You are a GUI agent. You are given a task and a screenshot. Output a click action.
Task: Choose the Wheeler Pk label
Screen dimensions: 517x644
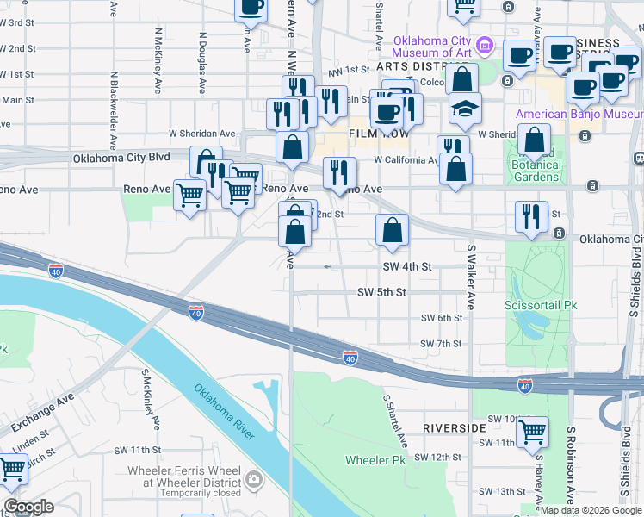point(375,460)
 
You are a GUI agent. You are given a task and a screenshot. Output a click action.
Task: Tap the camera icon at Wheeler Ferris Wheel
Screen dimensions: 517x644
point(253,478)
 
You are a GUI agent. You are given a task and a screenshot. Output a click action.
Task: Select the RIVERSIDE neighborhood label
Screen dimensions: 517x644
point(455,428)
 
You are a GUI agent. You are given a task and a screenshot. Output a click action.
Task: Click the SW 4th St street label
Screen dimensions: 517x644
point(406,267)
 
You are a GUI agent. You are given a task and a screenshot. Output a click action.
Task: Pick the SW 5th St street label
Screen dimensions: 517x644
point(381,293)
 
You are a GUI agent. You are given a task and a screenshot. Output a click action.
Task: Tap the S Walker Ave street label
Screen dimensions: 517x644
point(471,277)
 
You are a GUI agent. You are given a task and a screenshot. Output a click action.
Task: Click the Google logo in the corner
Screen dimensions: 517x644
point(28,507)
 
